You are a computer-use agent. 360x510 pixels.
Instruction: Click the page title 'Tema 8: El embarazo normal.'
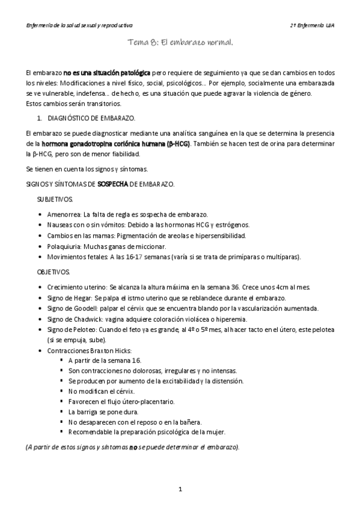[180, 43]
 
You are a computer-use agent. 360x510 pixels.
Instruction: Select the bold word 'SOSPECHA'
[112, 183]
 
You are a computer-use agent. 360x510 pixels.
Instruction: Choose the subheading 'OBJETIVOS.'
[54, 272]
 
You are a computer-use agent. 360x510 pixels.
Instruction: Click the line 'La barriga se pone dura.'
[103, 412]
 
